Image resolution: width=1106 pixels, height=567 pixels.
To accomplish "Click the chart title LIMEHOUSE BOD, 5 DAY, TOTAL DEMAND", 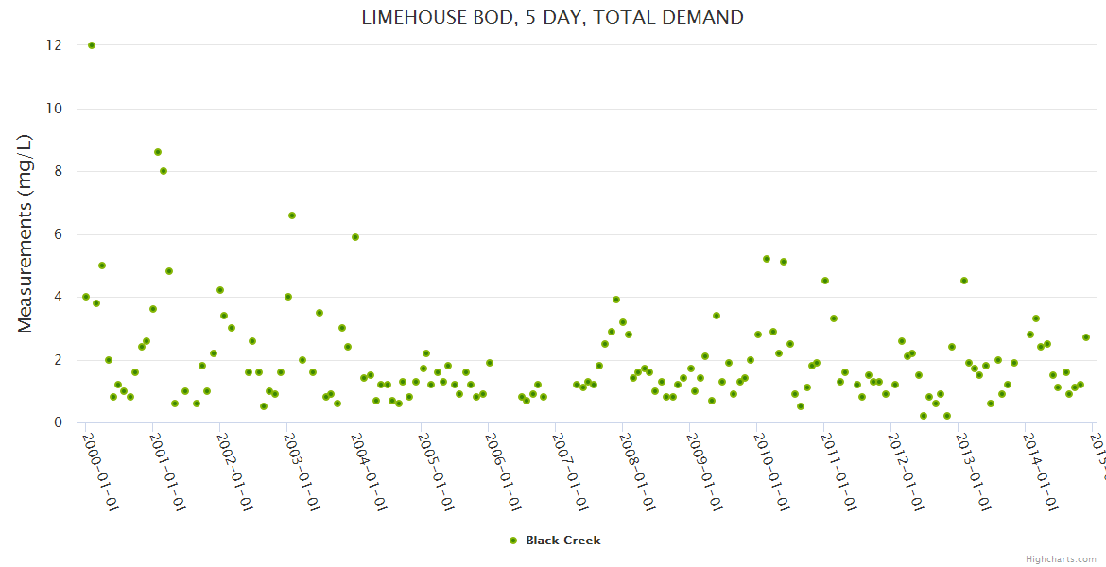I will (552, 17).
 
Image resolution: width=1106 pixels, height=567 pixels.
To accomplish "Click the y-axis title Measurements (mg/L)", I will (26, 233).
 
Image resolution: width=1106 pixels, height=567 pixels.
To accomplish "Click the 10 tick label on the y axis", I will (54, 109).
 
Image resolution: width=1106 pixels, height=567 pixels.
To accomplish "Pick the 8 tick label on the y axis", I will (58, 171).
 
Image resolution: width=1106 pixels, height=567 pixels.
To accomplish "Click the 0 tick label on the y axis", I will (58, 422).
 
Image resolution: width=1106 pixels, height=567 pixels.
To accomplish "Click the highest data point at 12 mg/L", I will (92, 45).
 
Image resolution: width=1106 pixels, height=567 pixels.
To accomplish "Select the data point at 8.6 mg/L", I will (158, 152).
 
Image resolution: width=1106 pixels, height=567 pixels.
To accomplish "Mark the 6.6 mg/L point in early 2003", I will (292, 215).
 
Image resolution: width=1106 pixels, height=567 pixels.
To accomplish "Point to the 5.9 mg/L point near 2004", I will (355, 237).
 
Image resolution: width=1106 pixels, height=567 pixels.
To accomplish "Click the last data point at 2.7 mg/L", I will (1086, 337).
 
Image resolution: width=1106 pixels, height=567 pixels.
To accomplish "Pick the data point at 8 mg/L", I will (164, 171).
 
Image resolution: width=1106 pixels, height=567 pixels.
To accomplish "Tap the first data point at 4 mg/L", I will (86, 297).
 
